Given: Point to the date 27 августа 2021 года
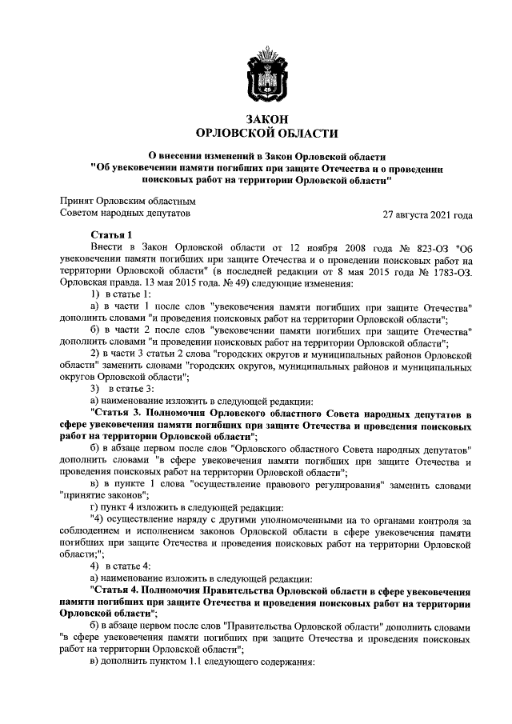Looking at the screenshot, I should tap(428, 214).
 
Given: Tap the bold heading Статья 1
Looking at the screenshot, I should tap(112, 234).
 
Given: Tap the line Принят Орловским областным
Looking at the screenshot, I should tap(128, 201).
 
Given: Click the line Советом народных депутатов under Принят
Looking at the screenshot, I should tap(126, 214).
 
